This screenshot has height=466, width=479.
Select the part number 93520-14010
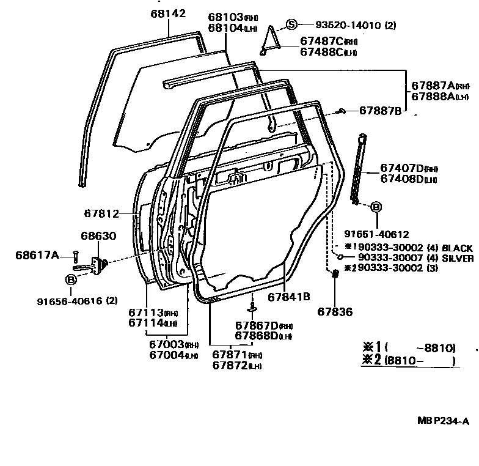pyautogui.click(x=348, y=25)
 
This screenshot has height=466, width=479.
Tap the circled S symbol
pyautogui.click(x=292, y=24)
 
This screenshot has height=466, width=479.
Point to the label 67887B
pyautogui.click(x=380, y=111)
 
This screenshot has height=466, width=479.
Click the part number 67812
pyautogui.click(x=101, y=213)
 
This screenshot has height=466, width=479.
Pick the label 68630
pyautogui.click(x=98, y=235)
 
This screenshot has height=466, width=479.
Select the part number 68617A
pyautogui.click(x=37, y=254)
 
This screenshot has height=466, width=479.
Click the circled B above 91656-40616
pyautogui.click(x=71, y=280)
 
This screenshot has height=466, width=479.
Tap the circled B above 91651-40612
pyautogui.click(x=376, y=208)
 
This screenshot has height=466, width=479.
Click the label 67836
pyautogui.click(x=335, y=311)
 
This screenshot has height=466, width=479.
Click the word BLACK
pyautogui.click(x=457, y=248)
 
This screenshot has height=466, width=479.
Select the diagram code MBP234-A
pyautogui.click(x=443, y=421)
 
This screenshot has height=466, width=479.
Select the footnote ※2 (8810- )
pyautogui.click(x=408, y=360)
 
